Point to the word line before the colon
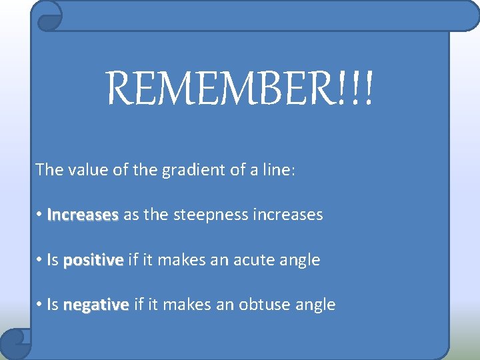click(275, 169)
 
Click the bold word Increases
click(83, 215)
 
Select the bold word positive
click(93, 260)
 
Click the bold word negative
click(96, 305)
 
